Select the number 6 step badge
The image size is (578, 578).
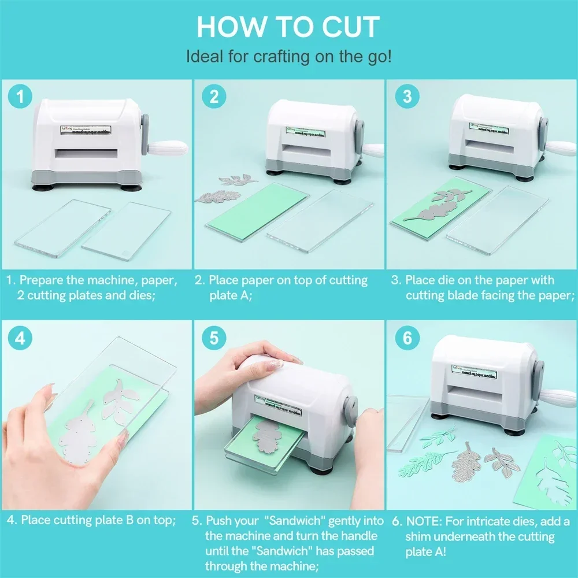coord(407,338)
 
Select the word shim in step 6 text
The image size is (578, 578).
coord(418,536)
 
